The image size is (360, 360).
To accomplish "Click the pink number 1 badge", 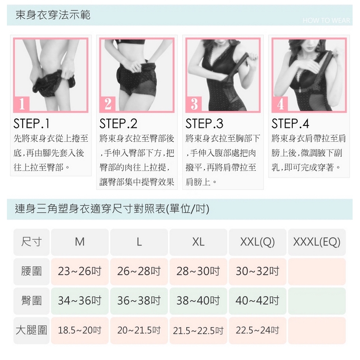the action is tap(22, 104).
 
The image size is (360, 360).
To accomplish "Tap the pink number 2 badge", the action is tap(108, 104).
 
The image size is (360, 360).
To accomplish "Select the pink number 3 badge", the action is tap(194, 104).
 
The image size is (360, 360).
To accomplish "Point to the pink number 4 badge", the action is tap(280, 104).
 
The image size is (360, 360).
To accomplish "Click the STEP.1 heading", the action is tap(32, 124).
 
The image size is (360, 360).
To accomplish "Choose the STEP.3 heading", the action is tap(204, 124).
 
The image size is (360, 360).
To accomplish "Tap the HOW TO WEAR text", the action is tap(326, 20).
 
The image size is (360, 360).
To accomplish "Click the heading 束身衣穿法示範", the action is tap(53, 15).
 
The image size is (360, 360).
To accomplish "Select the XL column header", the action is tap(199, 242).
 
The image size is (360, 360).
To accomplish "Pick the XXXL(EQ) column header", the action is tap(317, 242).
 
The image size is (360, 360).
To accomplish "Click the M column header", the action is tap(80, 242).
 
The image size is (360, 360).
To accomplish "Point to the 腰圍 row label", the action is tap(32, 272).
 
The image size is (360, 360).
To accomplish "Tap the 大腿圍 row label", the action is tap(32, 330).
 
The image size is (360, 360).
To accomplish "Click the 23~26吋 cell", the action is tap(80, 272).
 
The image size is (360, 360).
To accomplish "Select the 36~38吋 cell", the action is tap(139, 301).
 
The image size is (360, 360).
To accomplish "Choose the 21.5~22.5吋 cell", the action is tap(199, 330).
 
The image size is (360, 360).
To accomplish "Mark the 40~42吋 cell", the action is tap(258, 301).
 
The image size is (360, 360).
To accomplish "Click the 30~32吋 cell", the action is tap(258, 272).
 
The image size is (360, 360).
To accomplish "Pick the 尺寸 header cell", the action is tap(32, 242).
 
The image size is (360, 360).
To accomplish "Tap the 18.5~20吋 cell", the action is tap(80, 330).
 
